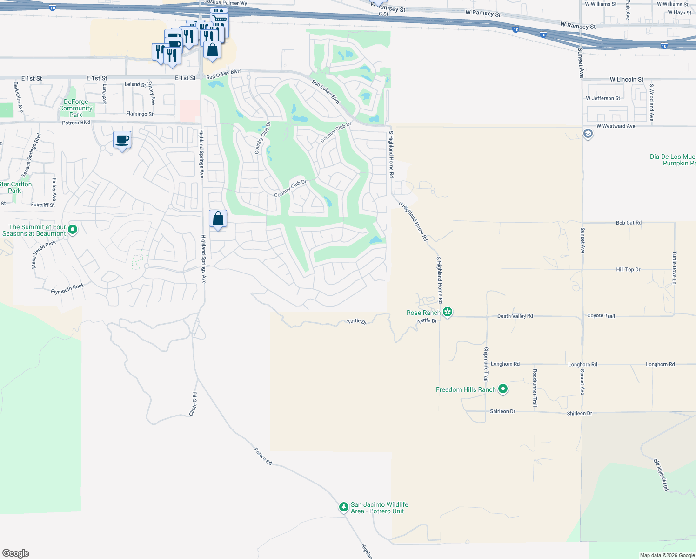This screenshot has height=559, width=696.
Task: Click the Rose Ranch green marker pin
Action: pos(448,312)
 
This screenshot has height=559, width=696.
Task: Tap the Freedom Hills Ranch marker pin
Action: pos(502,389)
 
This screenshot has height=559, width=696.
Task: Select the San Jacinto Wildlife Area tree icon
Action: pos(343,507)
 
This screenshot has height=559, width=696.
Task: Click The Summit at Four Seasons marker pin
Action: pos(72,229)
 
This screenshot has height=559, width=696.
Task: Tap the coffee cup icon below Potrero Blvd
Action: pos(122,140)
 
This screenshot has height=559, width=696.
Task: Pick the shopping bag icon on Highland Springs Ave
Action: pos(218,218)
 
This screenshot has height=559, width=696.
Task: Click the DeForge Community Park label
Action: pos(76,108)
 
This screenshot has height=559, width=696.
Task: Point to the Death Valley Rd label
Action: pos(515,316)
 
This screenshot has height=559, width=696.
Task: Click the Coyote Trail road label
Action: pos(601,315)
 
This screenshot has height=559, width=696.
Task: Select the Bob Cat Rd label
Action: pos(629,223)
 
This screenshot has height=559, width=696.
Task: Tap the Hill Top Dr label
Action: pos(628,269)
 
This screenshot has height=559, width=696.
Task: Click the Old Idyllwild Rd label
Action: pos(661,475)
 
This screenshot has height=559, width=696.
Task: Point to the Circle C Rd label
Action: pos(194,404)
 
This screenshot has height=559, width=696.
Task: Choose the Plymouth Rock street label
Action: pos(67,289)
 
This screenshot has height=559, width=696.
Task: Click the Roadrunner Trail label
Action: pos(535,388)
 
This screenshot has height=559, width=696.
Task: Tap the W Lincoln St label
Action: pos(627,79)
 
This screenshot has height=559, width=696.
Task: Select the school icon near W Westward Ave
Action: pos(588,134)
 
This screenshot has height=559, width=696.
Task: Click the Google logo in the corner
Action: pos(16,553)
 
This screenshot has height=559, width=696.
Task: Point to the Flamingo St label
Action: pos(140,114)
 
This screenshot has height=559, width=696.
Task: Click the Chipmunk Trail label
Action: pos(486,364)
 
